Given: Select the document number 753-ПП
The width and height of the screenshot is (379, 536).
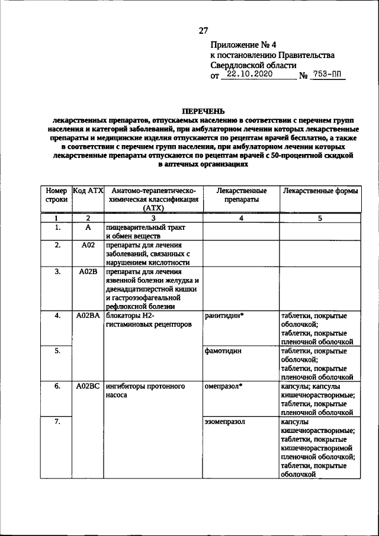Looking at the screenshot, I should click(328, 76).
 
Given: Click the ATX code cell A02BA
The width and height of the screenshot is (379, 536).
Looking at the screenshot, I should click(88, 316).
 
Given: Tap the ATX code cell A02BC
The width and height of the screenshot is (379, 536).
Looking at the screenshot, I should click(88, 386).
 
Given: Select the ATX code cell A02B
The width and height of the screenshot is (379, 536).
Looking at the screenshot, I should click(88, 272).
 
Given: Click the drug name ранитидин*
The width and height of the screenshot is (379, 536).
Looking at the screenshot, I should click(224, 316).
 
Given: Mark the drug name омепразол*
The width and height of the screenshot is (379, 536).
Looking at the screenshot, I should click(224, 386).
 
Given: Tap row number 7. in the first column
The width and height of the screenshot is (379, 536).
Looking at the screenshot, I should click(56, 421).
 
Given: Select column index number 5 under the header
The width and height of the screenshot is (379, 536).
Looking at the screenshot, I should click(320, 218).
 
